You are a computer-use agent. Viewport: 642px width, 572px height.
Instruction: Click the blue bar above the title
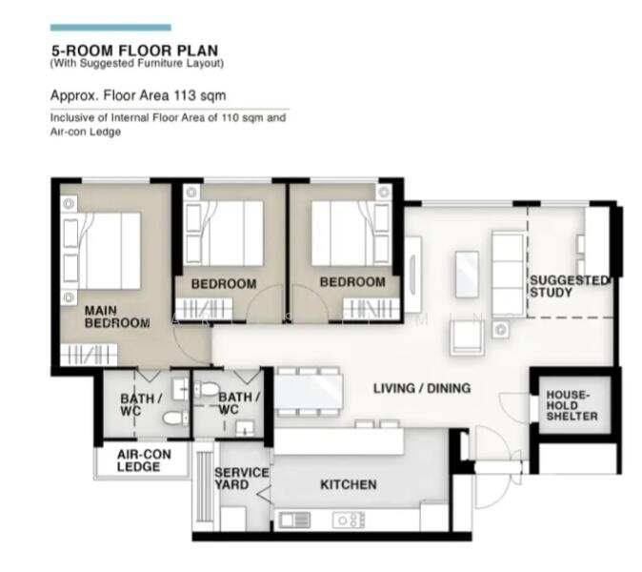coord(110,28)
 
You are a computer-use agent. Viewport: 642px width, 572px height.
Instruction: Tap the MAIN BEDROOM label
coord(117,317)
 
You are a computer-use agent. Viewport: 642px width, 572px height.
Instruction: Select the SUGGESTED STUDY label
coord(570,286)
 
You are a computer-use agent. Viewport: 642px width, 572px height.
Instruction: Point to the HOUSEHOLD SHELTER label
coord(572,406)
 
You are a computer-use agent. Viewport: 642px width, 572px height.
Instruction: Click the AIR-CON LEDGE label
coord(144,460)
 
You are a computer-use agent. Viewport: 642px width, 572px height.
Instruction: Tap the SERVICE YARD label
coord(242,479)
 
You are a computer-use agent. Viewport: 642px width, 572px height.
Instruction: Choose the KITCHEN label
coord(348,484)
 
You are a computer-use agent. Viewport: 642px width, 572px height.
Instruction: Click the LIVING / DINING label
coord(422,388)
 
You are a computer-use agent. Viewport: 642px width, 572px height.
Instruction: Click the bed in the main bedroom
coord(102,251)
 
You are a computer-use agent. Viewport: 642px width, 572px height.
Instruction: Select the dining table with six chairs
coord(308,392)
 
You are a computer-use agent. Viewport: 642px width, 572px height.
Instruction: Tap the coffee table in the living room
coord(467,275)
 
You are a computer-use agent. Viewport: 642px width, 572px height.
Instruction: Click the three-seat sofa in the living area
coord(509,274)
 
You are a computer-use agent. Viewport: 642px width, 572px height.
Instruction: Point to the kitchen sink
coord(294,521)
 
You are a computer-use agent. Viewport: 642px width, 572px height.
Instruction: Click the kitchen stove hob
coord(349,521)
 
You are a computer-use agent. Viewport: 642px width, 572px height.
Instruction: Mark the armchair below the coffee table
coord(467,337)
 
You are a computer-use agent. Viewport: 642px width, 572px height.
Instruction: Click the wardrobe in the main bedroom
coord(89,354)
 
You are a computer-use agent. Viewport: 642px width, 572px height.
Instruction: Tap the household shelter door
coord(513,407)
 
